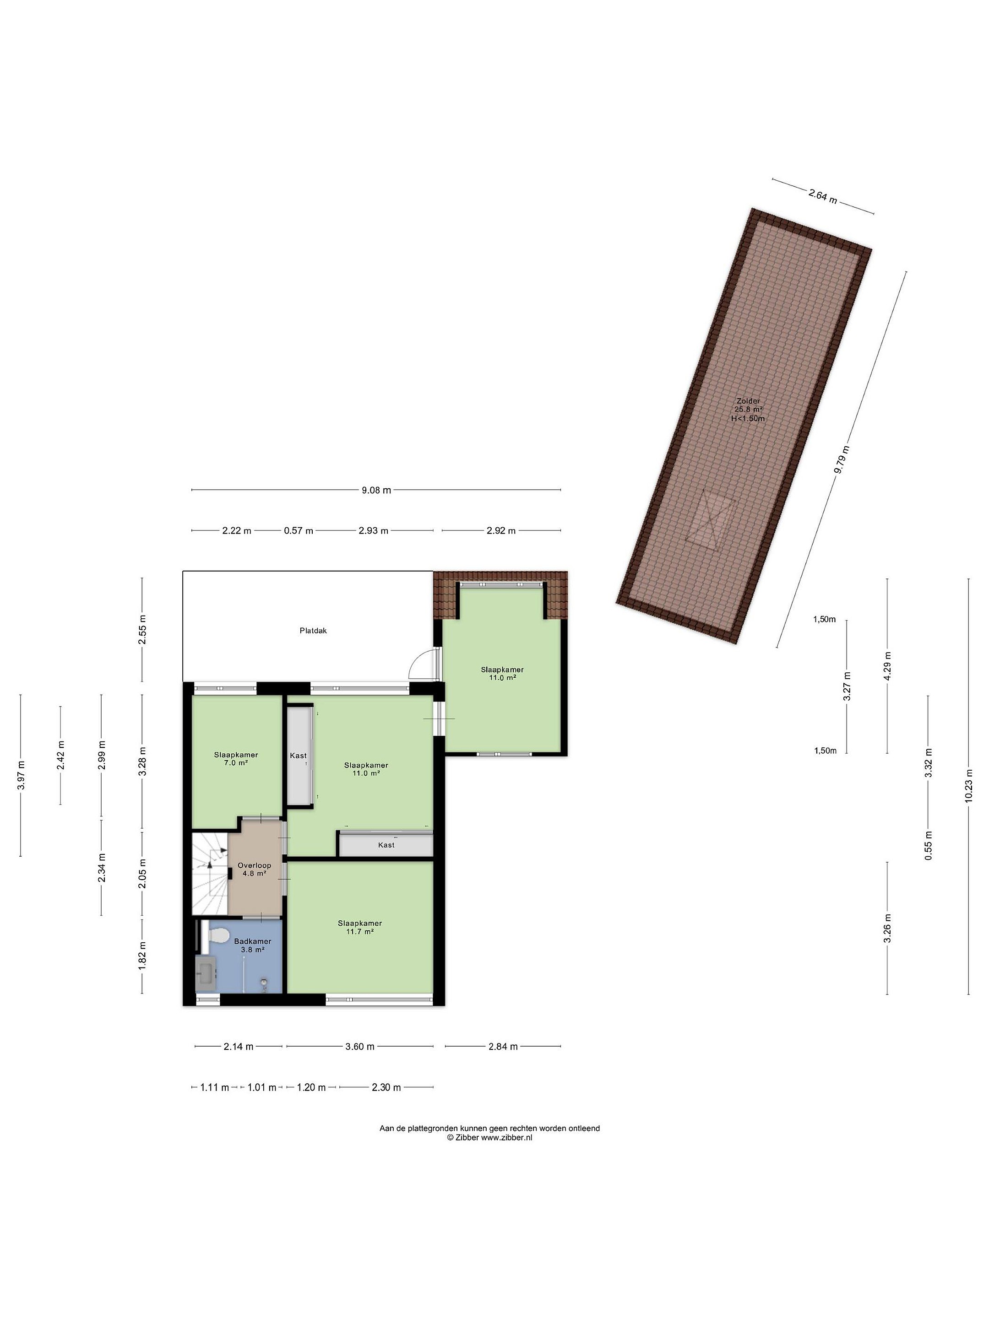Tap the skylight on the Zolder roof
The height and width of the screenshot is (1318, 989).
tap(713, 516)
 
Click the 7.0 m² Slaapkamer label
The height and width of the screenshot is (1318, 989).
tap(236, 758)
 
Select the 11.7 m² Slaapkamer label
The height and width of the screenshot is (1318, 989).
tap(359, 927)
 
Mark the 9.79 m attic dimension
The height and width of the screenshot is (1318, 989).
tap(842, 459)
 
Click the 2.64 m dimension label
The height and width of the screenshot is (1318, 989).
tap(823, 196)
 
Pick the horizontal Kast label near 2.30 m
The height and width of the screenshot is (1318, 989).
tap(386, 845)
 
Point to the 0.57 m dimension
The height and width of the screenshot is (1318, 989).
tap(298, 530)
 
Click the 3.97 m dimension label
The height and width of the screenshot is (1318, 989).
tap(21, 775)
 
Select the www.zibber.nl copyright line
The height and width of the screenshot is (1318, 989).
tap(489, 1137)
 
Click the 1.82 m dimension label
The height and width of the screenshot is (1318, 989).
tap(142, 955)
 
